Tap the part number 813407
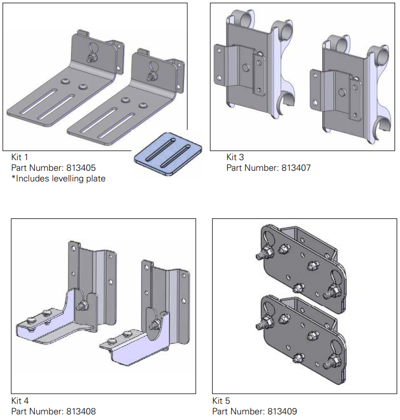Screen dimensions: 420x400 tap(290, 167)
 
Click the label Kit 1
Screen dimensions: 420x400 tap(20, 157)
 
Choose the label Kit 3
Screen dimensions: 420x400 tap(235, 157)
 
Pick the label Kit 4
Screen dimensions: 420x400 tap(20, 401)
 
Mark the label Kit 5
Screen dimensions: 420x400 tap(222, 401)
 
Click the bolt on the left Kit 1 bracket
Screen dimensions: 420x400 tap(90, 57)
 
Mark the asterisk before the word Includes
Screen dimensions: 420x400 tap(13, 178)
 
